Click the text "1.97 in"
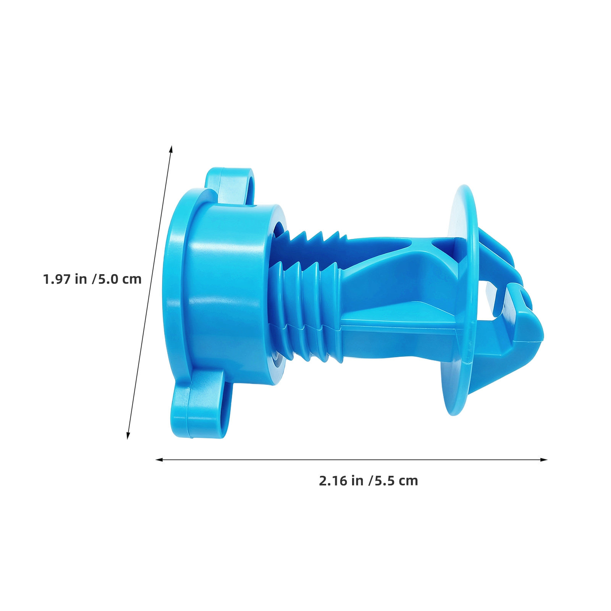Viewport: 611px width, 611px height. click(x=65, y=279)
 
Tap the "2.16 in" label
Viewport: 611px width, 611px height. click(x=341, y=481)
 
